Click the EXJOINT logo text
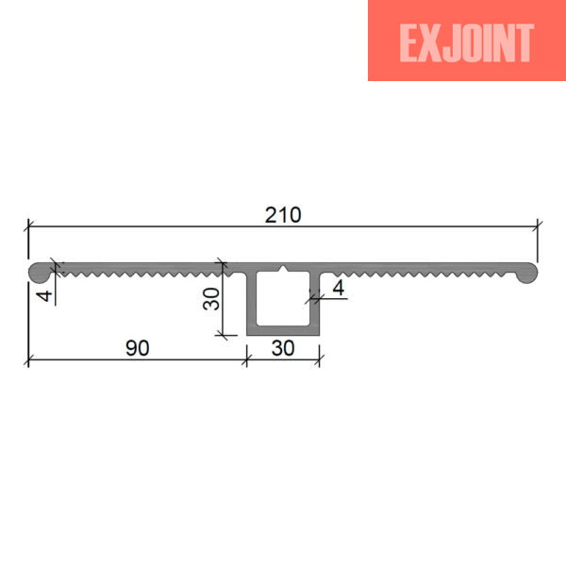tap(467, 43)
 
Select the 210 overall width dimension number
tap(283, 215)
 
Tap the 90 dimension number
tap(138, 348)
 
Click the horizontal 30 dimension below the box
tap(283, 348)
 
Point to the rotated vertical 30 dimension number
tap(211, 299)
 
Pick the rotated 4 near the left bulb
tap(44, 296)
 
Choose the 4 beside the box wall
tap(339, 288)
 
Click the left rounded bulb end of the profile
tap(41, 273)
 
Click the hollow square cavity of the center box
tap(283, 298)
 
